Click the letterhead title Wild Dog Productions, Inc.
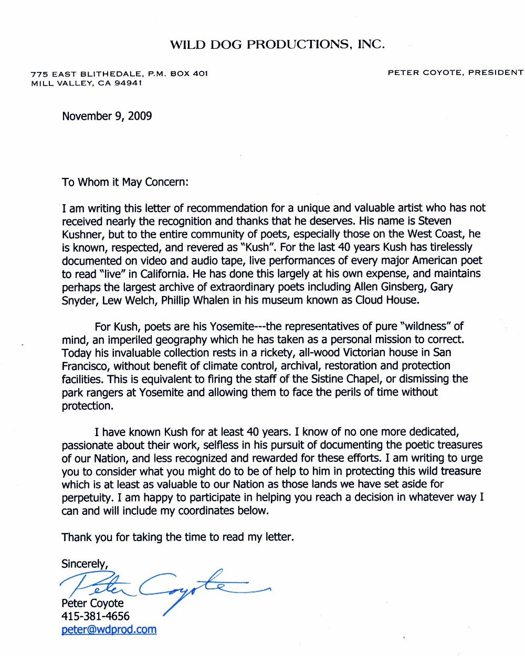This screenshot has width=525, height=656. click(x=277, y=45)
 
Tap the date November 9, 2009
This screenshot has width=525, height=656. click(x=107, y=116)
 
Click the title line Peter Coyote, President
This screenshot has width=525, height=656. click(x=455, y=72)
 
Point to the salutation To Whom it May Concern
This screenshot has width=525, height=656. click(x=125, y=182)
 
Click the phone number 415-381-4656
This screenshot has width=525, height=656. click(x=96, y=616)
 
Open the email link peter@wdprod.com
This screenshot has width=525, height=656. click(x=109, y=629)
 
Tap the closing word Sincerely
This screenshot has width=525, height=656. click(x=84, y=564)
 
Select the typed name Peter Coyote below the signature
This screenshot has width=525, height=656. click(x=92, y=603)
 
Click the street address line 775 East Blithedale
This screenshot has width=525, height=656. click(x=120, y=73)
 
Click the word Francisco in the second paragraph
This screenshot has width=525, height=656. click(x=86, y=366)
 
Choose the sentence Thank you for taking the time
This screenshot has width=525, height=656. click(x=177, y=537)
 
